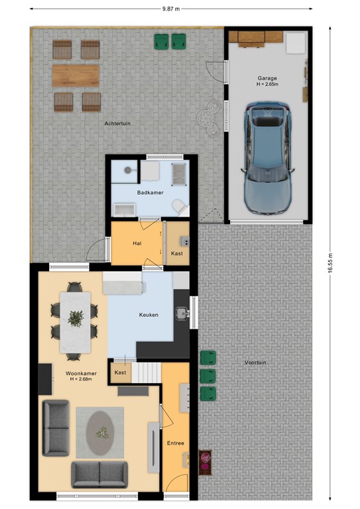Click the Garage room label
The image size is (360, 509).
pos(267,78)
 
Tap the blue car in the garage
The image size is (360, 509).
pos(267,158)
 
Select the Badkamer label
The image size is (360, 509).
pos(150,192)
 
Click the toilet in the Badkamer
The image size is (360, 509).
pos(179,206)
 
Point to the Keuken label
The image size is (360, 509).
pos(149,315)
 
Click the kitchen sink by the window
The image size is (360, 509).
pos(182,313)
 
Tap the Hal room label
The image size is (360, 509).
pos(137,243)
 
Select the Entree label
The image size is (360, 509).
pos(175,443)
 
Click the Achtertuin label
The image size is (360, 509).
pos(117,123)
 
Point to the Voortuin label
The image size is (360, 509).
pos(255,363)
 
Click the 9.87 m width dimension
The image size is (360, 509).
pos(171,9)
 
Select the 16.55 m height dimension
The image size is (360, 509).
pos(330,263)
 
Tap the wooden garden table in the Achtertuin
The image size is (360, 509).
pos(76,76)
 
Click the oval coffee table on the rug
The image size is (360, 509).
pos(100,432)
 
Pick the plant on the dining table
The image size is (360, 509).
pos(76,318)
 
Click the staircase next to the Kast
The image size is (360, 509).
pos(147,372)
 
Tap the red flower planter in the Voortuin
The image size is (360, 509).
pos(205,462)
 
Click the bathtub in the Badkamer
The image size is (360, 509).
pos(124,210)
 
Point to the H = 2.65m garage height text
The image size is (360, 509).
pos(267,84)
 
